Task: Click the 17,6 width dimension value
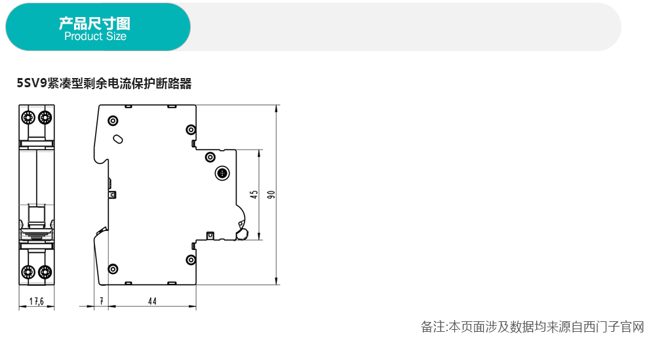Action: [36, 302]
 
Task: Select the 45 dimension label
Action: [254, 195]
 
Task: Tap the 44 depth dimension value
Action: [152, 302]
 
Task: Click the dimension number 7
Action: [102, 302]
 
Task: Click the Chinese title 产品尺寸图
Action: [95, 24]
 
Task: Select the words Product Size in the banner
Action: [95, 37]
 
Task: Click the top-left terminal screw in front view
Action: [28, 117]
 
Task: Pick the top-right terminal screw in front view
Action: [45, 117]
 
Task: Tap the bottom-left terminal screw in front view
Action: [28, 271]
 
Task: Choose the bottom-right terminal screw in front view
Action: [45, 271]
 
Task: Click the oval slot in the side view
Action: [118, 138]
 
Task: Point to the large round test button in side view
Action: [223, 174]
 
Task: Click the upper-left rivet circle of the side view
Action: [113, 121]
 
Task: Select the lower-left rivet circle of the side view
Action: [113, 269]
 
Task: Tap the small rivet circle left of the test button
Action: [210, 157]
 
